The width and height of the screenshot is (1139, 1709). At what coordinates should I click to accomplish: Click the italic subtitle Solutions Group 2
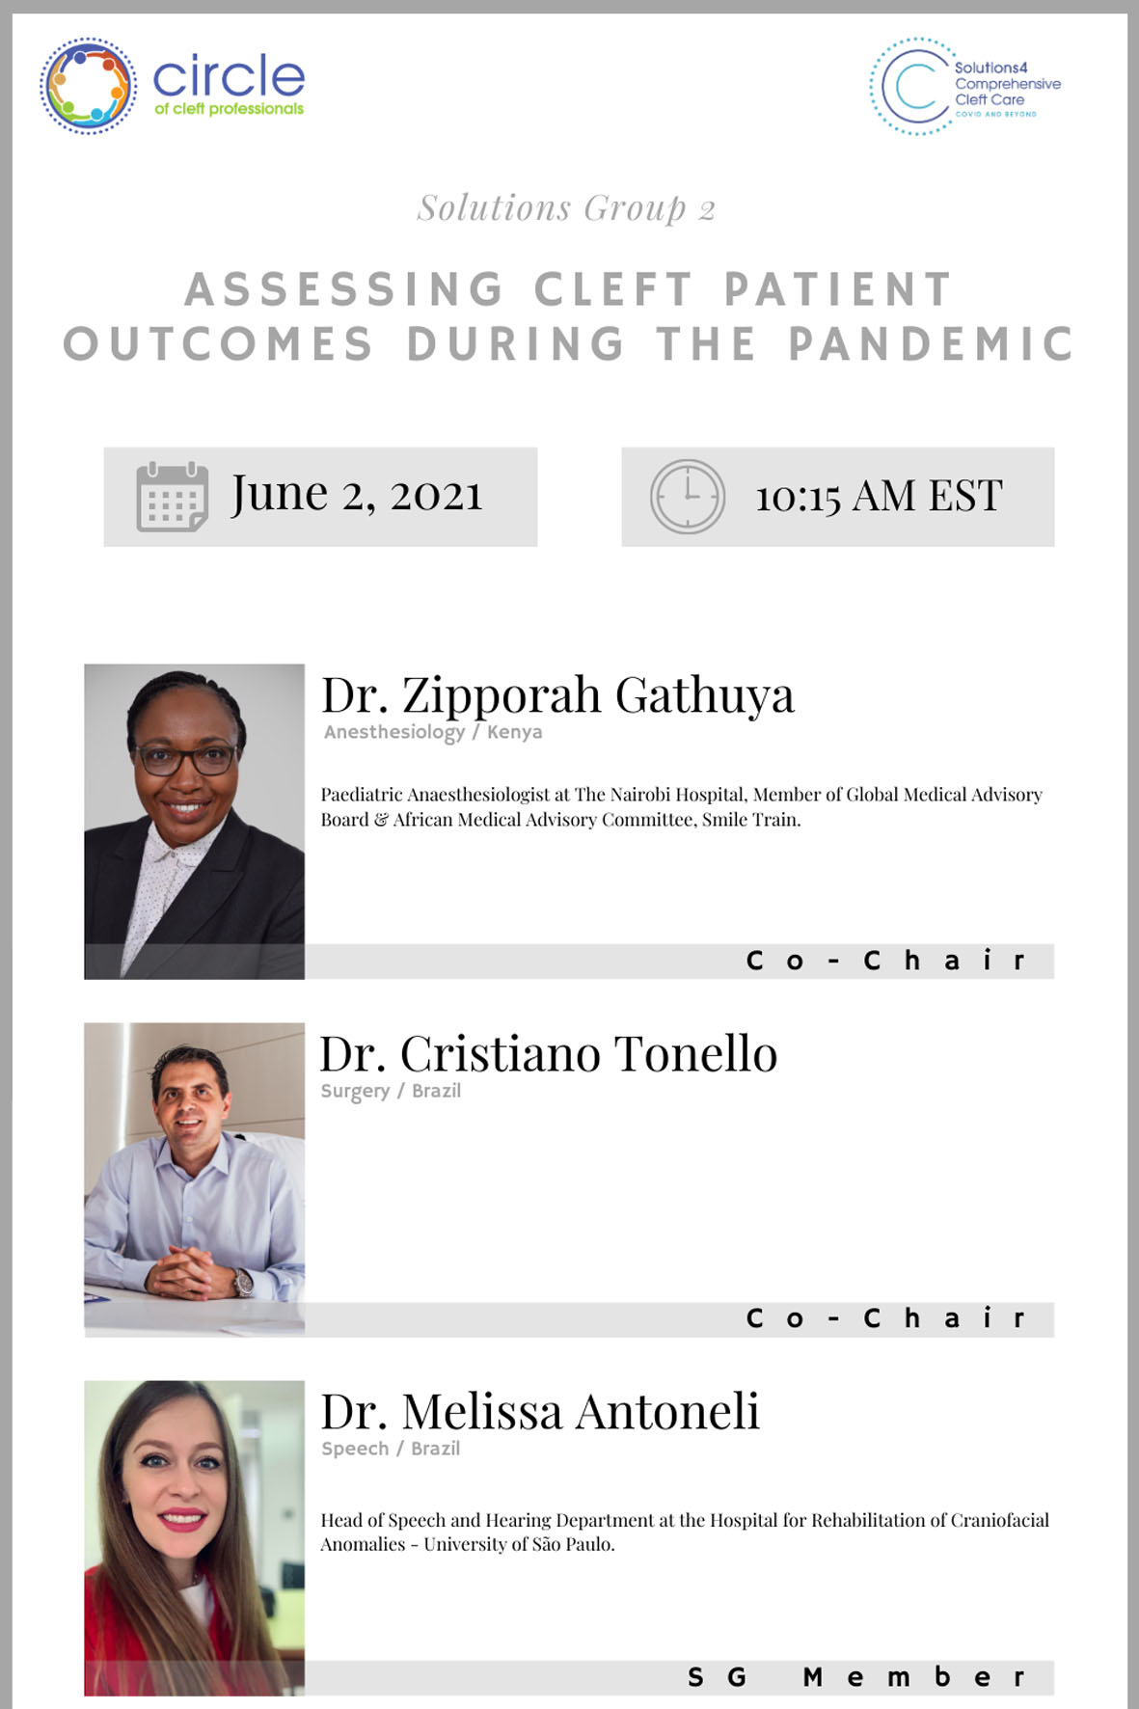pos(566,208)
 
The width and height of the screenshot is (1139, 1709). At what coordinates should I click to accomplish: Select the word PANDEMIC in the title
pos(931,344)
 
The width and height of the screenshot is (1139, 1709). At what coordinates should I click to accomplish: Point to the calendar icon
pos(172,497)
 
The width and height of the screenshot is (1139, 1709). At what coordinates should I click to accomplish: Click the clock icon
pos(687,497)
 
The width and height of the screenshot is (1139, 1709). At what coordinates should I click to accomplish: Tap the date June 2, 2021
pos(356,495)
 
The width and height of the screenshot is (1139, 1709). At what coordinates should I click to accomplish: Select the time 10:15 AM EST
pos(879,497)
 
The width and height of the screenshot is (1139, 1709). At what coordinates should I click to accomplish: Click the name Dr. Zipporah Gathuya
pos(557,695)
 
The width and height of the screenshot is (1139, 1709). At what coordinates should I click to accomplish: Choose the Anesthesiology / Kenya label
pos(433,732)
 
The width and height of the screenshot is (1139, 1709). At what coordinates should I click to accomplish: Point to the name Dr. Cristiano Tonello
pos(548,1053)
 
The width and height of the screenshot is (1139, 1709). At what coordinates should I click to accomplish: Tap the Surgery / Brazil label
pos(391,1092)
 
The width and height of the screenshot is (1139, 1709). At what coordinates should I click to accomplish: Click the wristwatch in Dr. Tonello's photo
pos(244,1282)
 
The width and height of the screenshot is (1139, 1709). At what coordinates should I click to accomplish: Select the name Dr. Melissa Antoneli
pos(540,1411)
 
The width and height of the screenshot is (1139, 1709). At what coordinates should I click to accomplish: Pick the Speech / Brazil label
pos(391,1449)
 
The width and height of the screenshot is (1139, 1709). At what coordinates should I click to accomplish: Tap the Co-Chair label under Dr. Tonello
pos(885,1318)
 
